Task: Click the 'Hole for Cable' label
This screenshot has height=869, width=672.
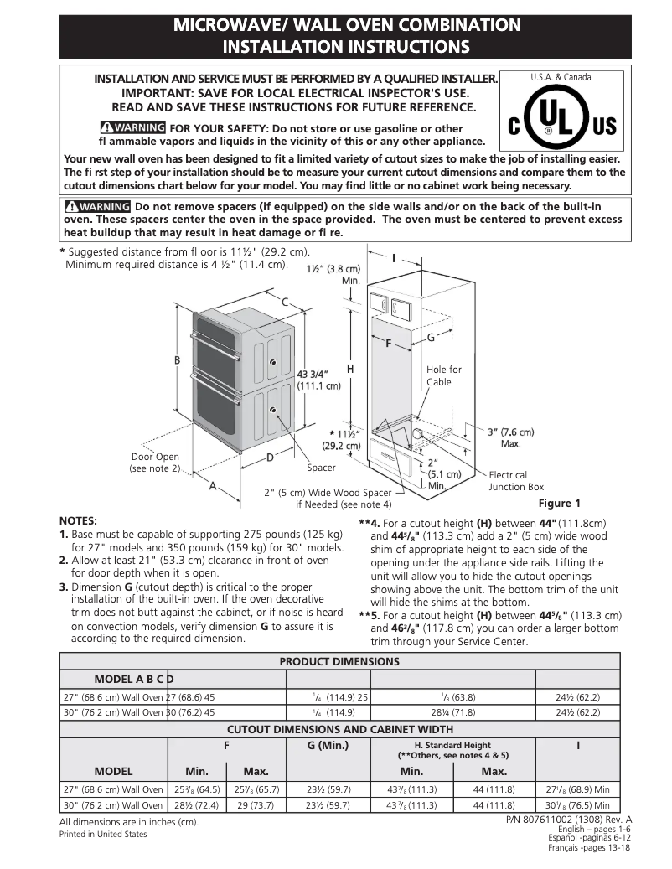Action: click(x=443, y=375)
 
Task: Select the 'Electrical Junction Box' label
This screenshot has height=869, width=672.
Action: click(x=516, y=481)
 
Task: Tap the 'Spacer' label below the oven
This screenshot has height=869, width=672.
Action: click(x=321, y=468)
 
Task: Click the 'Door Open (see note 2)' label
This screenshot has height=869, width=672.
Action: click(x=155, y=463)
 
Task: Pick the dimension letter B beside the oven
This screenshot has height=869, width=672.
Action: click(x=177, y=359)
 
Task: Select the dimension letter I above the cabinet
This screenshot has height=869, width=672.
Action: click(x=393, y=259)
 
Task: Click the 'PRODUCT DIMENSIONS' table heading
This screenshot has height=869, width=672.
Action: click(x=339, y=661)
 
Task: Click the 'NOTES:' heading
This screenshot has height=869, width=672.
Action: click(x=78, y=520)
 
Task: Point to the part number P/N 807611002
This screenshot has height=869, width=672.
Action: click(x=569, y=819)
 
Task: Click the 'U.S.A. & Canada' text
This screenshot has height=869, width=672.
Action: click(x=561, y=77)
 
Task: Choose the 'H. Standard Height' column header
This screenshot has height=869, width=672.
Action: click(x=452, y=745)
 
